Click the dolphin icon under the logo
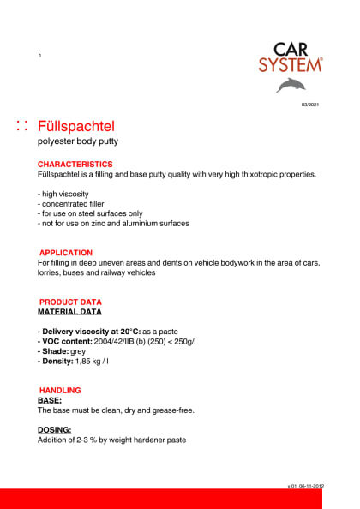291,85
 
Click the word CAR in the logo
292,49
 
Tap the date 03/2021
309,105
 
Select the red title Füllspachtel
82,126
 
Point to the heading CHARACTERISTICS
75,164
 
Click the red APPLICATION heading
66,253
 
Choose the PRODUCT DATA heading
71,302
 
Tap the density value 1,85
84,362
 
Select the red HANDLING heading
60,391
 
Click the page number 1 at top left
40,56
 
